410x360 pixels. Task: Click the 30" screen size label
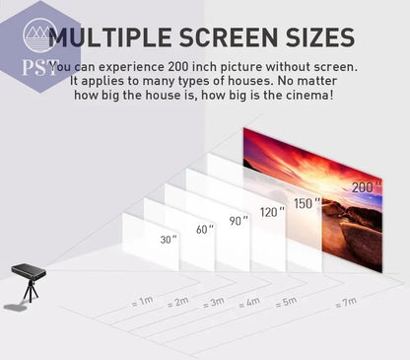(170, 240)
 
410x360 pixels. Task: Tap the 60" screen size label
(204, 230)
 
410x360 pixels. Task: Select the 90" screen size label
(238, 222)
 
